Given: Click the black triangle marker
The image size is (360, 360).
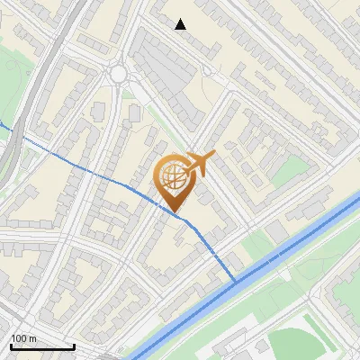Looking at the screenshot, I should tap(181, 24).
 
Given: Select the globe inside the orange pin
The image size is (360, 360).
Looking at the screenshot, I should tap(175, 176).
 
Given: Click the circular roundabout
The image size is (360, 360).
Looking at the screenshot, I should tap(119, 74).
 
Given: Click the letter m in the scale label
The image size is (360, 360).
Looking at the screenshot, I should tap(32, 337).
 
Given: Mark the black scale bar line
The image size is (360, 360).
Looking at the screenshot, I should tap(42, 346).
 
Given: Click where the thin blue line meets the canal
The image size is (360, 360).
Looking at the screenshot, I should tap(237, 282).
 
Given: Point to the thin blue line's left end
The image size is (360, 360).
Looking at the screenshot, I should tap(2, 125).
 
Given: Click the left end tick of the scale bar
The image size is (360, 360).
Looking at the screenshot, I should tap(12, 346).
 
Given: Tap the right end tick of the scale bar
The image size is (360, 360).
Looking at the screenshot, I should tap(74, 346).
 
